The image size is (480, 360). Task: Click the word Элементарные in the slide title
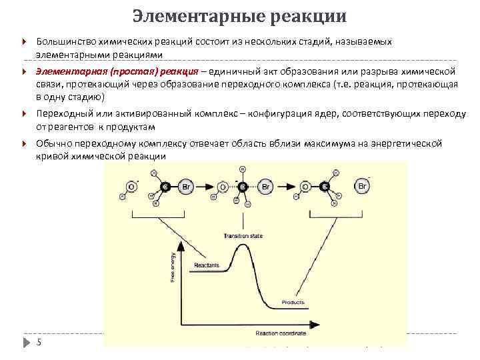coord(189,15)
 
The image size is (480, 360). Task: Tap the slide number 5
coord(39,343)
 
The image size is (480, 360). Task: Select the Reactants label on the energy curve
coord(207,266)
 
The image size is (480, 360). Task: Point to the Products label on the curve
coord(293,302)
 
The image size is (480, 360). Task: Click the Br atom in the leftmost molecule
coord(187,188)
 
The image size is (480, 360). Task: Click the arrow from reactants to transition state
coord(209,188)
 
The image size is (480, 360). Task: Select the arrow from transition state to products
coord(288,188)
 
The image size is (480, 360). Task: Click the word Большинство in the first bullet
coord(67,42)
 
